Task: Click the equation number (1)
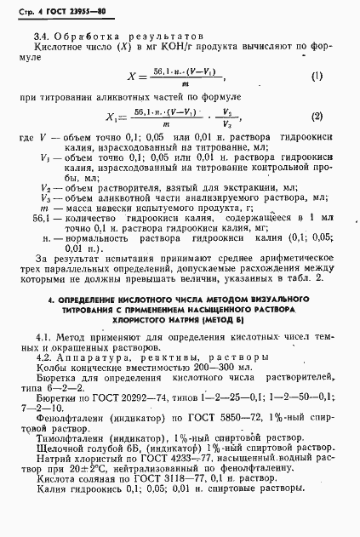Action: point(317,76)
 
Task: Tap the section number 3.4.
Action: point(40,37)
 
